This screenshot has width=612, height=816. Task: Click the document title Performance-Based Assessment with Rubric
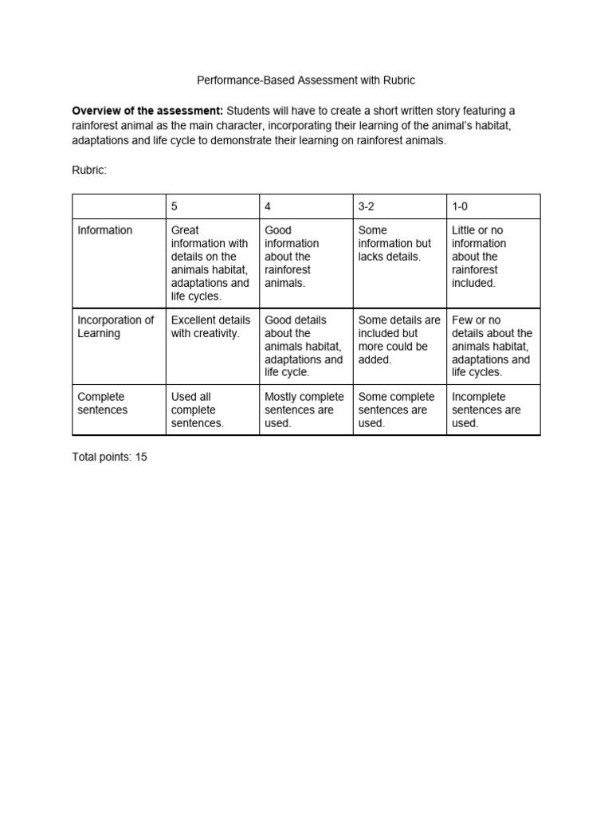click(x=306, y=80)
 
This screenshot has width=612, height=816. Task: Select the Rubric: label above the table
click(x=89, y=170)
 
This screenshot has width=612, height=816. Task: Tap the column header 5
click(x=175, y=206)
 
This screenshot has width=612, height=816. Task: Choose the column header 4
click(x=268, y=206)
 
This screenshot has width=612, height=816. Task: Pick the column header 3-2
click(x=367, y=206)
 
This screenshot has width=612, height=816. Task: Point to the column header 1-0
click(x=461, y=206)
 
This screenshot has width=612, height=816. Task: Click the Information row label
click(x=105, y=230)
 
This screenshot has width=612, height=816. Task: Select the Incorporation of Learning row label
click(x=116, y=327)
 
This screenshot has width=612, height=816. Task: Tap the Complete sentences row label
click(x=101, y=403)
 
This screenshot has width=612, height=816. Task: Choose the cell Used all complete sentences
click(x=198, y=410)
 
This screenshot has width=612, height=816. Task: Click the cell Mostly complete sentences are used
click(x=304, y=410)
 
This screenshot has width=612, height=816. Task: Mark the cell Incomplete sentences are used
click(x=486, y=410)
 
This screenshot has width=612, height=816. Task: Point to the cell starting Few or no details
click(x=492, y=346)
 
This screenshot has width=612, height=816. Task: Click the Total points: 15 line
click(x=110, y=457)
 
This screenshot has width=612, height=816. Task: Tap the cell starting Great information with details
click(x=210, y=263)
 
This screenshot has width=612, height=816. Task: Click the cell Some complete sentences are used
click(x=397, y=410)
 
